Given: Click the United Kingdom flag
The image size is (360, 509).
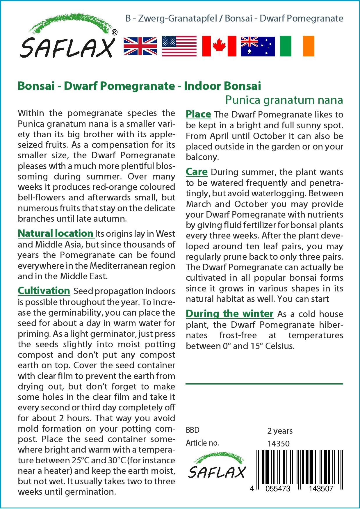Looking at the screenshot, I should pos(140,46).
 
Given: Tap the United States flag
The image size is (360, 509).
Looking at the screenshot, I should pos(179,46).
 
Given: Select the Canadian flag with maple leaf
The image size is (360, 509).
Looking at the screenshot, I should pos(219,46).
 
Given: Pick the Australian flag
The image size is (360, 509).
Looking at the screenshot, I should pos(258,46).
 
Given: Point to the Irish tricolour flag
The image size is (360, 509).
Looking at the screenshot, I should pos(297,46).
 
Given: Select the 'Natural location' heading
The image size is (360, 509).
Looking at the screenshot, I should pos(55,233).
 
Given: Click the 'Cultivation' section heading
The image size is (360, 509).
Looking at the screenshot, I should pos(44,291).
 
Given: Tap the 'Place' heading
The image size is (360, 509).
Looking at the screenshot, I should pos(198,114).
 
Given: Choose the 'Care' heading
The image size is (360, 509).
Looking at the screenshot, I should pos(197,172).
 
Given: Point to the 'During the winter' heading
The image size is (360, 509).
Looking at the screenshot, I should pos(229,314).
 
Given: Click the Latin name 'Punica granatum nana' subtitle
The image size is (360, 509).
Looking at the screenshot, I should pos(284,100).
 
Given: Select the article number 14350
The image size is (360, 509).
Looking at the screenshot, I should pos(278,444).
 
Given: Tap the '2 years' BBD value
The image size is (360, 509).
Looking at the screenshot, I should pos(280,431).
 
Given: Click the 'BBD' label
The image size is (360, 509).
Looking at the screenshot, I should pos(193,430).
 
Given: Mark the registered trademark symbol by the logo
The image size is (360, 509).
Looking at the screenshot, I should pos(115,33).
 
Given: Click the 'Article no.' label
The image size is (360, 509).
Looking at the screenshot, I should pos(202,443).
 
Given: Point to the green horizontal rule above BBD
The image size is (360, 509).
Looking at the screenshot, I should pos(264,384).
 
